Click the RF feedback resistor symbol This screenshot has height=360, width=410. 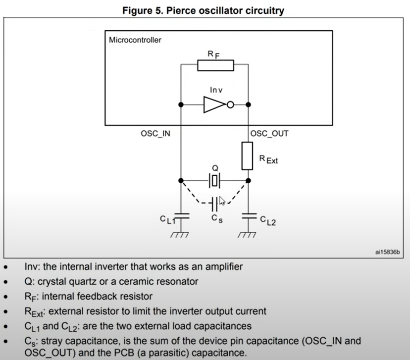[215, 65]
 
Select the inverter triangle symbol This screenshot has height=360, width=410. [214, 104]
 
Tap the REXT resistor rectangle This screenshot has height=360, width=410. [248, 155]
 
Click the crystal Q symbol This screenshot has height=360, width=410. [215, 180]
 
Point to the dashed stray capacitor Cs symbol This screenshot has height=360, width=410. [214, 203]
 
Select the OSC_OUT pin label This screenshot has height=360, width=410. [269, 134]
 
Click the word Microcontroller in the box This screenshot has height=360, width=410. [135, 40]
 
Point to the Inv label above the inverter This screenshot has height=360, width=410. [216, 90]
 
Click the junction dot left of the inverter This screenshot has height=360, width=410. [181, 104]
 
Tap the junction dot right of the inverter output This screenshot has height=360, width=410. [248, 104]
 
